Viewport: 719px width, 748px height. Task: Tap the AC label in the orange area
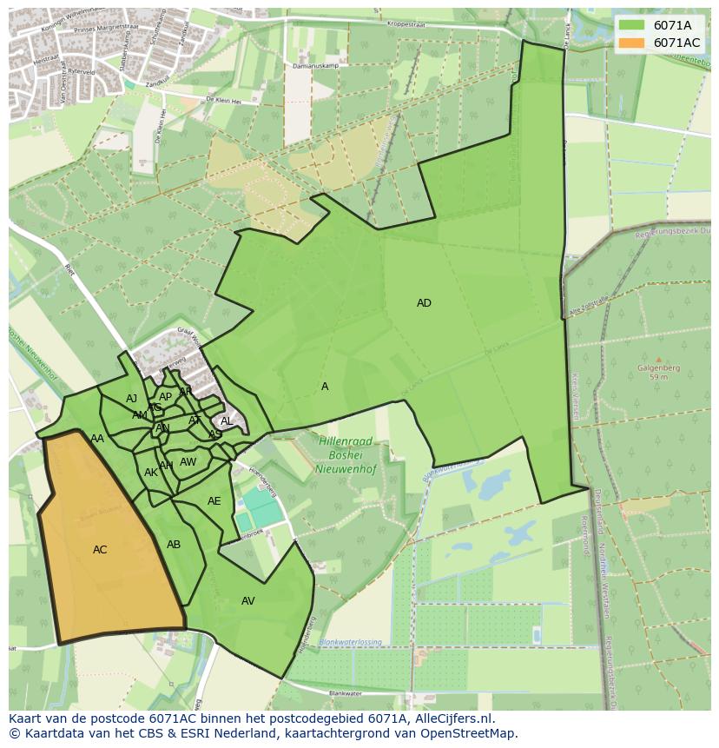(x=100, y=550)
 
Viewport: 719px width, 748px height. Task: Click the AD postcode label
(x=424, y=303)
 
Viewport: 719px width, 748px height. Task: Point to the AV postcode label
(x=248, y=601)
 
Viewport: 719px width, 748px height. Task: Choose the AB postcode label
(x=174, y=545)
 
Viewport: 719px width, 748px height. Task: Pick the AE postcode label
(x=214, y=501)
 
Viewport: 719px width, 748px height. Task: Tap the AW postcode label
(x=188, y=462)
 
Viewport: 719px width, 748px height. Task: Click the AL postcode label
(x=227, y=421)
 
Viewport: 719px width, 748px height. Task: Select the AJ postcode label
(x=132, y=399)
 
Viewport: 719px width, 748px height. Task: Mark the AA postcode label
(x=97, y=439)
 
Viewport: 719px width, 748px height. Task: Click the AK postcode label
(x=151, y=473)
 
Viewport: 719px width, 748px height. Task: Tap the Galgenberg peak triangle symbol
(x=658, y=359)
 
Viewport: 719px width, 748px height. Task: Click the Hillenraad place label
(x=345, y=441)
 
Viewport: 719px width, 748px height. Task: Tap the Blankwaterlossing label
(x=350, y=642)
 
